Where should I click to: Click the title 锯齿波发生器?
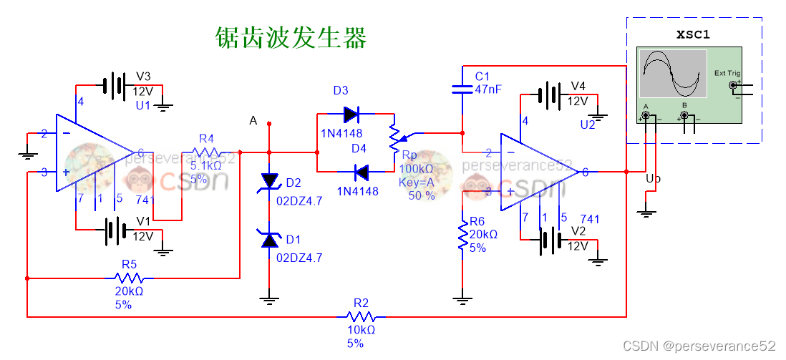(291, 37)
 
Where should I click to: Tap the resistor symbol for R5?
(129, 278)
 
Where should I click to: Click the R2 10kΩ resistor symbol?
(361, 316)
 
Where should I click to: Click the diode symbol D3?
(351, 114)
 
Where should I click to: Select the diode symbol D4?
(361, 172)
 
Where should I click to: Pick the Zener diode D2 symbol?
(269, 183)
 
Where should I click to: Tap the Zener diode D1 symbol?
(269, 240)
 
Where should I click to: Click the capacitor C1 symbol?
(462, 89)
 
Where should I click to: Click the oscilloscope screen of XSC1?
(673, 73)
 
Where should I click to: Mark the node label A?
(253, 121)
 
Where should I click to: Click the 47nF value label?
(487, 89)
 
